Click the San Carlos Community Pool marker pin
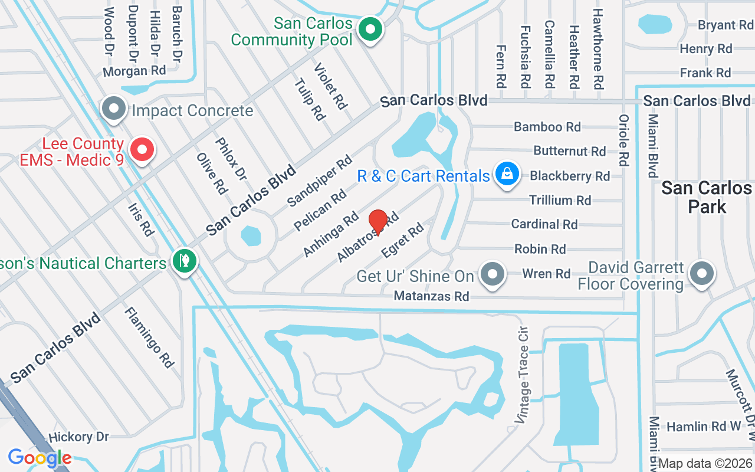pos(370,28)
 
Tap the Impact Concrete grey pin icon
pos(114,109)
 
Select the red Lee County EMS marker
pos(142,150)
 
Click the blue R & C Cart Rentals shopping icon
pos(507,174)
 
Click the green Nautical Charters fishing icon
pos(184,260)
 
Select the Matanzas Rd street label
pos(431,296)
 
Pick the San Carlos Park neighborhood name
pos(706,197)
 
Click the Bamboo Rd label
pos(547,127)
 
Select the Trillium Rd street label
pos(560,201)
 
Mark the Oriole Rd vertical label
pos(623,139)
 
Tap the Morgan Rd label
pos(134,71)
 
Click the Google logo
pos(40,457)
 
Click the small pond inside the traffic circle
pos(250,236)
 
